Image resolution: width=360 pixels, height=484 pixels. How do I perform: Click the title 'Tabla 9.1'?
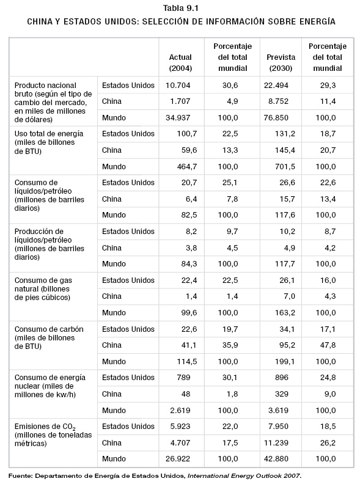coord(180,8)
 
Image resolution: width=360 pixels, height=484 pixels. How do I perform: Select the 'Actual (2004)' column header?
coord(181,63)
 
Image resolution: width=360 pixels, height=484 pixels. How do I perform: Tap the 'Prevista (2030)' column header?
coord(281,63)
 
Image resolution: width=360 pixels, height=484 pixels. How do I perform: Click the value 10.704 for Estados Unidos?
coord(178,85)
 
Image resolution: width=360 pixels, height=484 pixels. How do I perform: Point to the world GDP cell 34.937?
coord(178,117)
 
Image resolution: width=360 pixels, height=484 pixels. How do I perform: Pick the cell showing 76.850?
coord(276,117)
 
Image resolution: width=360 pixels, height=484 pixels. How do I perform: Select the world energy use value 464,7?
coord(187,167)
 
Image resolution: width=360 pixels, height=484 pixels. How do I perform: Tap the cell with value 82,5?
coord(189,215)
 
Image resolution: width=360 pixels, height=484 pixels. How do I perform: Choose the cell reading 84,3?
coord(189,263)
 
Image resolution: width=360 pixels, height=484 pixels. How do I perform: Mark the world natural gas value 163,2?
coord(285,312)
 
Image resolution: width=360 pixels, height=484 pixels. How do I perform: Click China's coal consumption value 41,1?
coord(189,345)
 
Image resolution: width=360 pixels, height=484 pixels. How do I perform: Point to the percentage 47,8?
coord(328,345)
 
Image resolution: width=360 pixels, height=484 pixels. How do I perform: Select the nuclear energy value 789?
coord(184,377)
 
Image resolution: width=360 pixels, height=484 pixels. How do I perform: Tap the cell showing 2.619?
coord(180,410)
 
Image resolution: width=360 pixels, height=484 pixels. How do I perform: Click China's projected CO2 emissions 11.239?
coord(276,442)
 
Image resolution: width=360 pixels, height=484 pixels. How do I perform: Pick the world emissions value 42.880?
coord(276,459)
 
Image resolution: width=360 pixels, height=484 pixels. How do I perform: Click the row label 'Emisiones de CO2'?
coord(45,427)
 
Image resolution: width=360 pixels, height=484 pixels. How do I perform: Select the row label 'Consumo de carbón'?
coord(49,329)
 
